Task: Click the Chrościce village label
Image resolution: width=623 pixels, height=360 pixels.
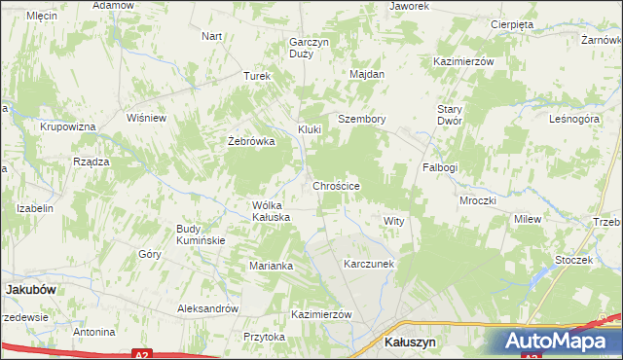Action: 337,186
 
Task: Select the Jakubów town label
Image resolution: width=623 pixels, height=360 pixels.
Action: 26,289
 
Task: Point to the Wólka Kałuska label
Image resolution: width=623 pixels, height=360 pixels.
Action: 272,211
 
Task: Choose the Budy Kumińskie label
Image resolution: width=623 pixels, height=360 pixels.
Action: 201,234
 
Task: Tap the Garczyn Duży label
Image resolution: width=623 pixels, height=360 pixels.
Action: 302,48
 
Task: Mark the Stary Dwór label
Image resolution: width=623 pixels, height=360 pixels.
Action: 449,114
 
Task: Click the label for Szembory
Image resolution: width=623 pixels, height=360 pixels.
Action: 362,120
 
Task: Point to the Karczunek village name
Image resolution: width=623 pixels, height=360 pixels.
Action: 368,264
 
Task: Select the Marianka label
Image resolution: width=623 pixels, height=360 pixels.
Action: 271,266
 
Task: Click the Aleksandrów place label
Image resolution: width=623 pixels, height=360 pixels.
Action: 207,308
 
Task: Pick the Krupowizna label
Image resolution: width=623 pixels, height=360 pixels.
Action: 67,127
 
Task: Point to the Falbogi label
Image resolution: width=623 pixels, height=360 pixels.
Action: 440,167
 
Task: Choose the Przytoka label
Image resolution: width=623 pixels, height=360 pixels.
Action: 265,337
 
